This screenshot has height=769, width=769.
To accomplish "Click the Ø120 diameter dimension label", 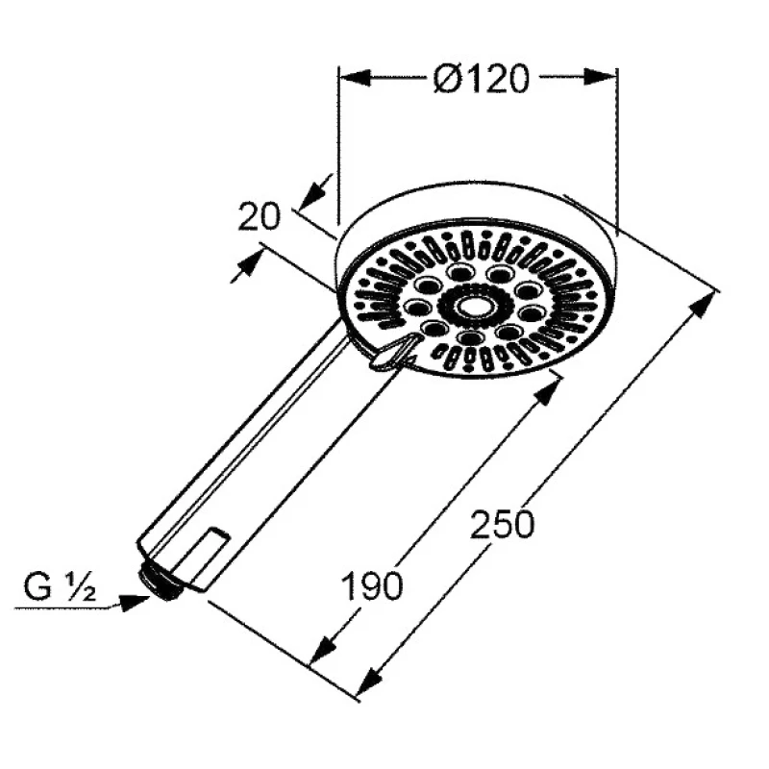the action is pos(482,78).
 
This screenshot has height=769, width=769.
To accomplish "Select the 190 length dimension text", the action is pos(372,586).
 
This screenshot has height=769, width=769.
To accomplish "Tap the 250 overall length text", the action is pos(501,524).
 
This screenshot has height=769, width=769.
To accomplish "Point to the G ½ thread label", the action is pos(60,587).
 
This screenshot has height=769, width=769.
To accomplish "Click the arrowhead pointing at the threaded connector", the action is pos(135,603).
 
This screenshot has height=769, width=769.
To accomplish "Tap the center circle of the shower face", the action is pos(475,307).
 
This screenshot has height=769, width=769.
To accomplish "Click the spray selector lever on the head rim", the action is pos(392,351).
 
